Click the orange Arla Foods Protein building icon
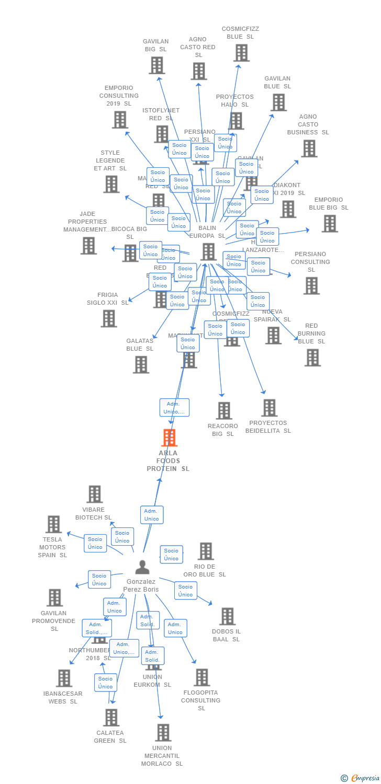pos(169,437)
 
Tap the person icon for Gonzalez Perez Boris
pos(142,567)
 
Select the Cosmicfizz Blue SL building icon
pos(241,53)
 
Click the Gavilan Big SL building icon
pos(156,65)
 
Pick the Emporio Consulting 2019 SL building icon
pos(120,120)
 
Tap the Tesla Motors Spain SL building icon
pos(53,524)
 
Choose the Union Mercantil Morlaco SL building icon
pos(163,733)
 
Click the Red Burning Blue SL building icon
pos(312,358)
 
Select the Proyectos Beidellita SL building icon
pos(269,408)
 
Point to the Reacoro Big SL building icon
pos(224,411)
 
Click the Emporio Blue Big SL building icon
pos(329,224)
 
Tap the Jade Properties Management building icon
pos(88,246)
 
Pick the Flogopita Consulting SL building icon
pos(201,677)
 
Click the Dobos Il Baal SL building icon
pos(227,616)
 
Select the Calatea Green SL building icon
pos(111,718)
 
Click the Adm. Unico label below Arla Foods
pos(152,515)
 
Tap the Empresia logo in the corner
pos(361,778)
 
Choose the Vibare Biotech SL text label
pos(93,513)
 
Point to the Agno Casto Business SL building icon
pos(309,148)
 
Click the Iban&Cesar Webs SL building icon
pos(64,678)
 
